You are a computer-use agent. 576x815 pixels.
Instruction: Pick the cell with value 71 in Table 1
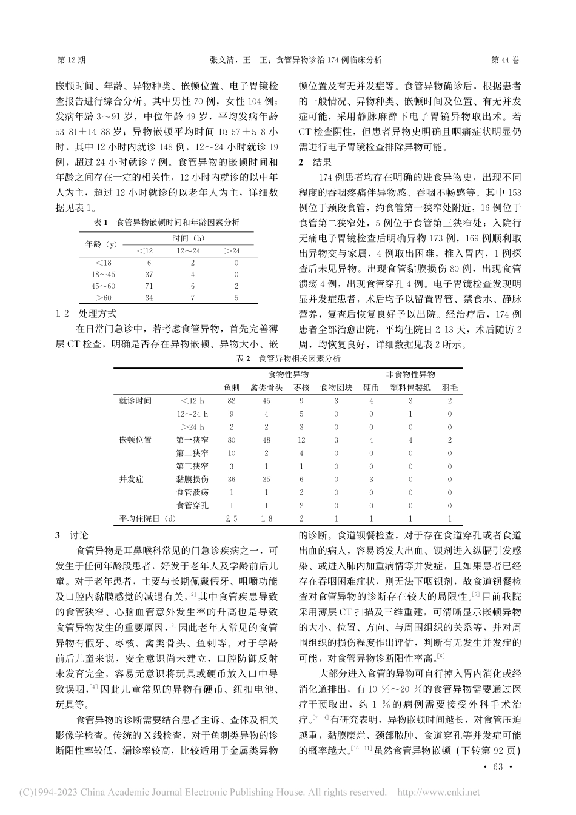pyautogui.click(x=149, y=285)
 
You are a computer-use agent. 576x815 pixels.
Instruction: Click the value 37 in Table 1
pyautogui.click(x=149, y=273)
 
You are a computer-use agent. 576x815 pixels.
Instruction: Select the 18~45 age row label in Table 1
pyautogui.click(x=99, y=273)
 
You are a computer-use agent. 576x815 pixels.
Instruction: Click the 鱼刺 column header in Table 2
pyautogui.click(x=232, y=387)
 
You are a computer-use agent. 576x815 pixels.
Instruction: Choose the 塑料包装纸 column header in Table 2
pyautogui.click(x=410, y=387)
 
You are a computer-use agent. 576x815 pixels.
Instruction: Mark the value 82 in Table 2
pyautogui.click(x=231, y=401)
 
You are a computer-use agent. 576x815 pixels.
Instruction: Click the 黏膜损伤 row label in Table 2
pyautogui.click(x=192, y=479)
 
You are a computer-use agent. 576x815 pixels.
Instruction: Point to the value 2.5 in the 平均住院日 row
pyautogui.click(x=231, y=518)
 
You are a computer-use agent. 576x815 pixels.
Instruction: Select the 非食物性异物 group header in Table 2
pyautogui.click(x=410, y=374)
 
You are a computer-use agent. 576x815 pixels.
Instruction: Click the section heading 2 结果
pyautogui.click(x=315, y=162)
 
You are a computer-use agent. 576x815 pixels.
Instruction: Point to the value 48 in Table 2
pyautogui.click(x=266, y=440)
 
